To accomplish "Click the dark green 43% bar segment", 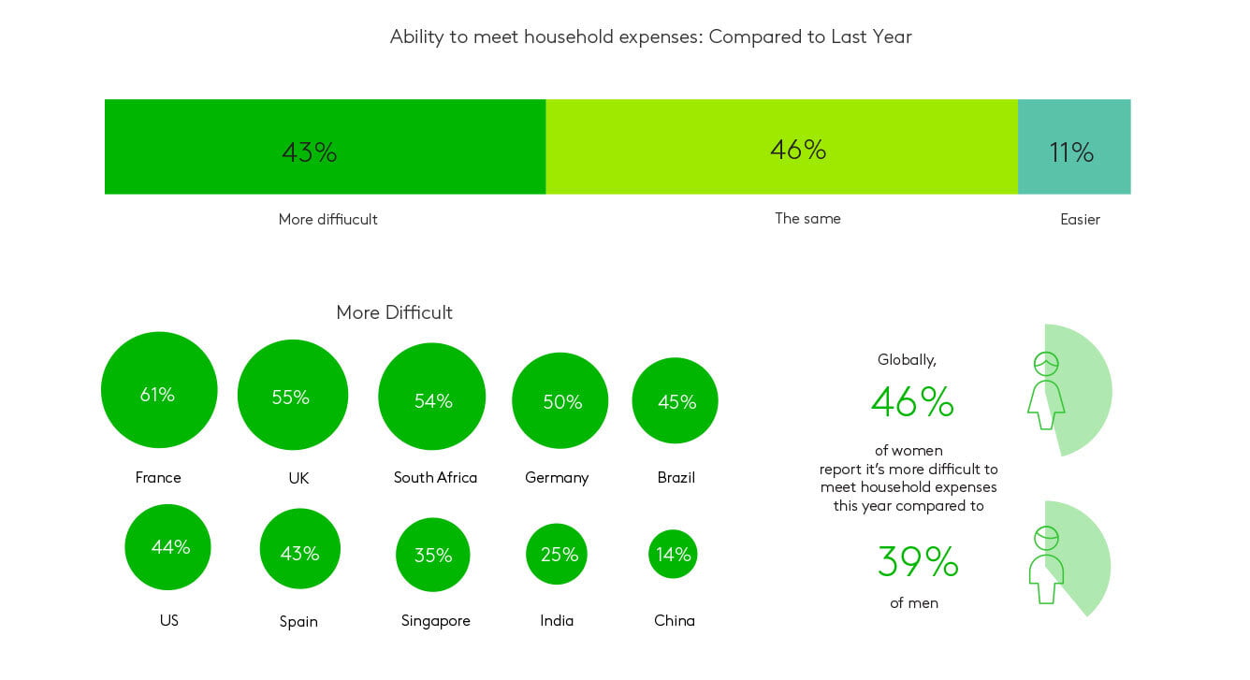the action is pos(325,147).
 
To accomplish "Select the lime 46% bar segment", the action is pos(782,147).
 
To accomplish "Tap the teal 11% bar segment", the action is pos(1074,147).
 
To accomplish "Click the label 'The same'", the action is pos(807,218).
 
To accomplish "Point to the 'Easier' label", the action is pos(1080,219).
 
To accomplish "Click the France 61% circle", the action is pos(159,390).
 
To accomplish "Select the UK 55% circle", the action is pos(293,395).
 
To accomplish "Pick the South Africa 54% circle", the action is pos(432,397).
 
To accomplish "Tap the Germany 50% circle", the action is pos(560,400).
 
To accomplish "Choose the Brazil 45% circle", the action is pos(675,400).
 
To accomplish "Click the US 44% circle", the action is pos(167,547).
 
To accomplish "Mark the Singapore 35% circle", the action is pos(432,555).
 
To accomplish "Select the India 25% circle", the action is pos(557,554).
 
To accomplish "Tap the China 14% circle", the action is pos(673,554).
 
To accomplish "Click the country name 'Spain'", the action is pos(298,621).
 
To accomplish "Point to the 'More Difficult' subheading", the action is pos(394,312).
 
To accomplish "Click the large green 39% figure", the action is pos(918,561).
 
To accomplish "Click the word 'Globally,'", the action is pos(907,360).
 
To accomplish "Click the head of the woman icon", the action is pos(1046,364).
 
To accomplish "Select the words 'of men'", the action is pos(914,603).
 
